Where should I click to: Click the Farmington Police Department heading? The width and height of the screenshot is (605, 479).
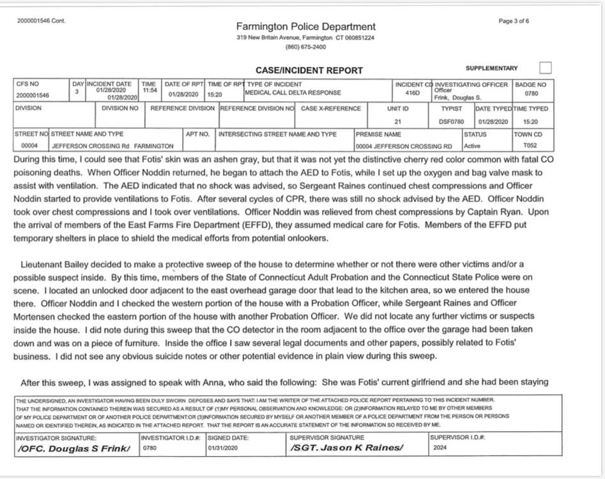[306, 26]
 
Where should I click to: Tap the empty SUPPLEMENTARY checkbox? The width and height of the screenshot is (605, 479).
[545, 68]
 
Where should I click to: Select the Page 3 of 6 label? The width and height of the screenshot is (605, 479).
[514, 21]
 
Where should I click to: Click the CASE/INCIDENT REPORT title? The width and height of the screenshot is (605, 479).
[309, 70]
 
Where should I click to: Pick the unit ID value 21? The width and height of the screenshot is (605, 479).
[397, 121]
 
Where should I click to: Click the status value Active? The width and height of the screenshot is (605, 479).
[472, 146]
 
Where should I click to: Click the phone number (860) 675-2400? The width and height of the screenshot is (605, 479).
[305, 47]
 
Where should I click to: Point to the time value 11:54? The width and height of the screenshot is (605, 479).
[149, 90]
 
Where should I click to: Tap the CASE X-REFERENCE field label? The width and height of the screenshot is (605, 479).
[331, 109]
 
